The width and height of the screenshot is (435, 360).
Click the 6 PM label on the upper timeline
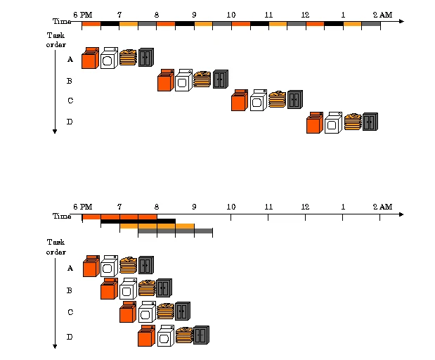point(82,13)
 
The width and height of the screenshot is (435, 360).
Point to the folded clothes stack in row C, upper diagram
point(277,99)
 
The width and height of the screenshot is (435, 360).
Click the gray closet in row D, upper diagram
point(370,122)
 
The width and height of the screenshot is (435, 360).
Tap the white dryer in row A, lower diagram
point(108,266)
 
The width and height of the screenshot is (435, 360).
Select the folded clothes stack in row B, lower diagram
point(147,288)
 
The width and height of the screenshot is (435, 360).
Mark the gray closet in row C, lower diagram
point(183,311)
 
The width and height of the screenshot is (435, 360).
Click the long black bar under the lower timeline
point(138,221)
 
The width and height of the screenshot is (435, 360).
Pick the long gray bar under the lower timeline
point(175,231)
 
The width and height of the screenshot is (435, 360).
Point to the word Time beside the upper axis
point(62,22)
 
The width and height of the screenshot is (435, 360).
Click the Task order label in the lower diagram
point(56,247)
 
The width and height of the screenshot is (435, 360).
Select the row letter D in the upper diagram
point(70,122)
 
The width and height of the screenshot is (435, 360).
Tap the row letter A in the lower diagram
point(70,268)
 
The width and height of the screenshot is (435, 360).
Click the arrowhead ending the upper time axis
point(401,21)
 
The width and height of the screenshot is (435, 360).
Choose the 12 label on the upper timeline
point(304,13)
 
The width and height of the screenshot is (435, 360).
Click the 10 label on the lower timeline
point(231,207)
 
